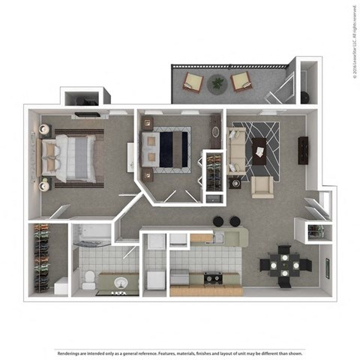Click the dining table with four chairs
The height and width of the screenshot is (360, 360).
pyautogui.click(x=284, y=264)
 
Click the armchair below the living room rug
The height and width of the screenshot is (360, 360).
pyautogui.click(x=262, y=186)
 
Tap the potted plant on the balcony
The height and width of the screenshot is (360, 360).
pyautogui.click(x=218, y=83)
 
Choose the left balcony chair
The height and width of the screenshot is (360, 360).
pyautogui.click(x=193, y=82)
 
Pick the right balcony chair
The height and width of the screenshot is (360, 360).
pyautogui.click(x=241, y=81)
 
